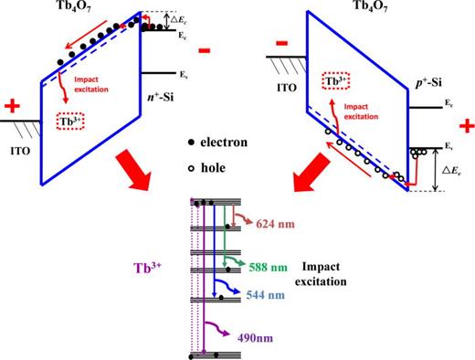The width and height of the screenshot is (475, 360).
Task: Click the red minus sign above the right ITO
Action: point(282,41)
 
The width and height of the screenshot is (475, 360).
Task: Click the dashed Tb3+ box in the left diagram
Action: point(72,122)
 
